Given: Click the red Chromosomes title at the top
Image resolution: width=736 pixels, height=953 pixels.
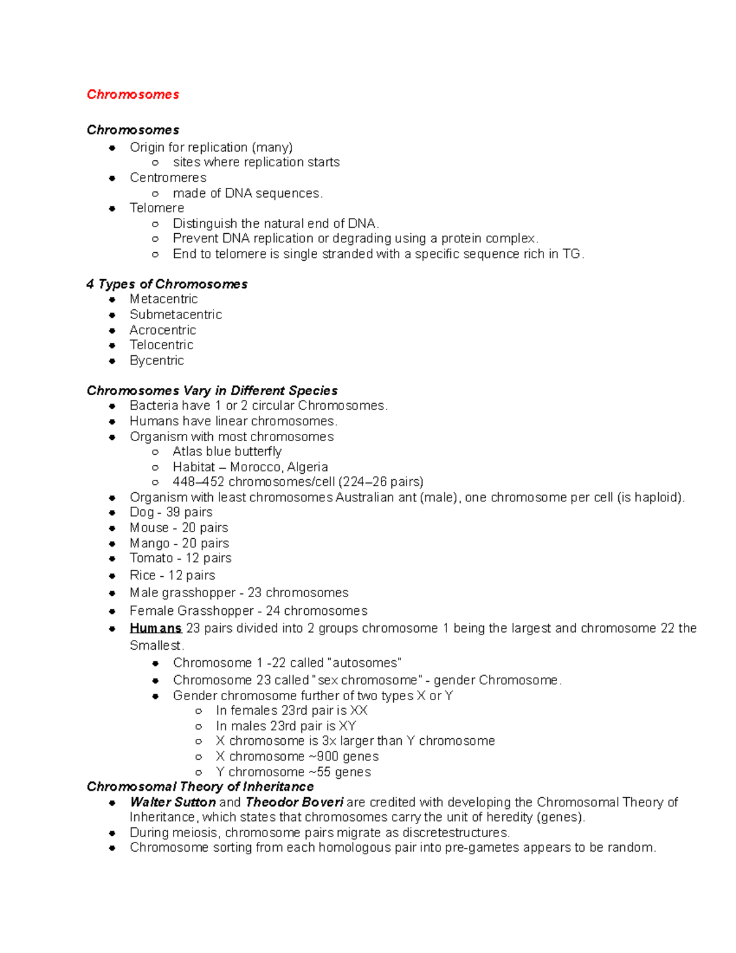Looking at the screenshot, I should click(x=132, y=95).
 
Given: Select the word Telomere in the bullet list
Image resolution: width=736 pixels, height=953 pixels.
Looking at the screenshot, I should click(x=156, y=208).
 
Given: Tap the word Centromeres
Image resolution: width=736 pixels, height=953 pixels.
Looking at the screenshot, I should click(x=167, y=178).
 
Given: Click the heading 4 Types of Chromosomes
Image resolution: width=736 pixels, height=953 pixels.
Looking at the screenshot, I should click(x=167, y=284).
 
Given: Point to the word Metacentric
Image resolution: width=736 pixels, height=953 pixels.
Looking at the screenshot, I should click(x=163, y=299).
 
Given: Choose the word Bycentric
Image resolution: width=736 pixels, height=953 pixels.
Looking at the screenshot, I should click(x=156, y=361).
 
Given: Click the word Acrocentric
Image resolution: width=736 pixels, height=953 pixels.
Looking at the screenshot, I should click(x=163, y=330).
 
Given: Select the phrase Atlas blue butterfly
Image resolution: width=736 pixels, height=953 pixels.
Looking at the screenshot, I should click(x=227, y=452).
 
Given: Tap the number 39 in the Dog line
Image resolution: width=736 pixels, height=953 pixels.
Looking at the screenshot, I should click(x=173, y=512).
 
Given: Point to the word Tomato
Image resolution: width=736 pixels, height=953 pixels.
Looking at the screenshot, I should click(x=151, y=558).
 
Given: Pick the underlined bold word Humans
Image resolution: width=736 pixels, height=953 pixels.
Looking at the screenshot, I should click(x=155, y=628).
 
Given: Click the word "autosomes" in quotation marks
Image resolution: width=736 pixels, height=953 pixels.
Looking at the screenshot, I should click(x=366, y=663).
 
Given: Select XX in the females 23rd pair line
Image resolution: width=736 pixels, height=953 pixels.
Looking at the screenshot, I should click(x=359, y=711).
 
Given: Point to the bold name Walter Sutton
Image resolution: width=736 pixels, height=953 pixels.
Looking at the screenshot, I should click(x=172, y=803).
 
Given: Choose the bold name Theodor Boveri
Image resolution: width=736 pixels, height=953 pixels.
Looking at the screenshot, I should click(x=294, y=803).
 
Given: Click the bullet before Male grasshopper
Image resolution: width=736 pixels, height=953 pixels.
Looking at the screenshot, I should click(x=112, y=593).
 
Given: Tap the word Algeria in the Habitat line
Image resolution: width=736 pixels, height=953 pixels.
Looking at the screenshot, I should click(x=307, y=467).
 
